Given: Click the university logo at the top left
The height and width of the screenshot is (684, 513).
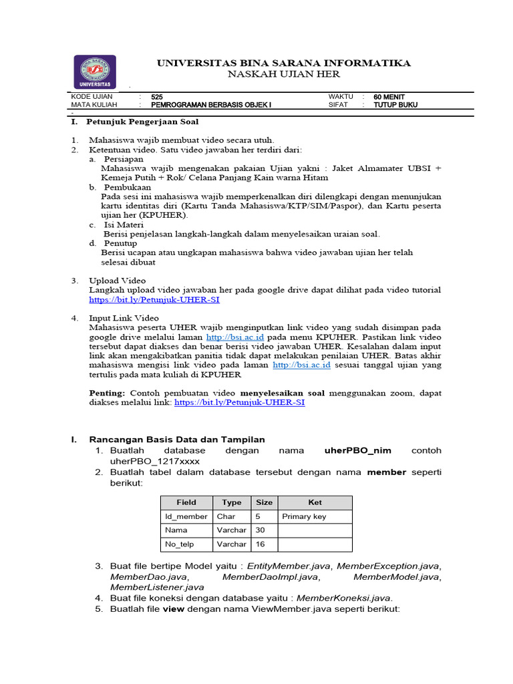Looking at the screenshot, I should tap(94, 72).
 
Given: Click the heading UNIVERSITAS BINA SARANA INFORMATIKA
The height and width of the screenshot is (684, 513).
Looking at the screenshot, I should tap(284, 63).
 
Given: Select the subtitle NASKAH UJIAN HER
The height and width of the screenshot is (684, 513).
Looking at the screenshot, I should tap(284, 74).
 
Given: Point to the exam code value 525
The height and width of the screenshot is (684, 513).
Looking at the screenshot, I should tap(157, 97).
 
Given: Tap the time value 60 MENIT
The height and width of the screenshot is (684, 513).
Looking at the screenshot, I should tap(389, 97).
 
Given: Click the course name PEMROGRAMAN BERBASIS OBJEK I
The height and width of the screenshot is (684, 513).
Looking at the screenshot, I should tap(211, 105).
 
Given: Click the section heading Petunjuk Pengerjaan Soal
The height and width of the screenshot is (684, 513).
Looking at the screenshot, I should tap(142, 122).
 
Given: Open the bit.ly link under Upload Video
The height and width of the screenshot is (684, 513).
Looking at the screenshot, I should tap(154, 300).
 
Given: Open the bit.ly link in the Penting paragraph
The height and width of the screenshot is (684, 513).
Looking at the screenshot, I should tap(239, 403).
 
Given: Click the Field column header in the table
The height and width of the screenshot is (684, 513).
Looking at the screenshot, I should tap(186, 502).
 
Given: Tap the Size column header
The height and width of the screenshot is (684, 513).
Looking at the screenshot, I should tap(264, 502).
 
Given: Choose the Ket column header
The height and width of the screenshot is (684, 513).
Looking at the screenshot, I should tap(315, 502).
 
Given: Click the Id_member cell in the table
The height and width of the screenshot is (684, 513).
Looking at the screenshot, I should tap(186, 516).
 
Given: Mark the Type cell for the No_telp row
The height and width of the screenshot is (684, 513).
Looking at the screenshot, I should tap(231, 544).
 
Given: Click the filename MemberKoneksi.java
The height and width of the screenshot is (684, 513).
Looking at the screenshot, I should tap(344, 598).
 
